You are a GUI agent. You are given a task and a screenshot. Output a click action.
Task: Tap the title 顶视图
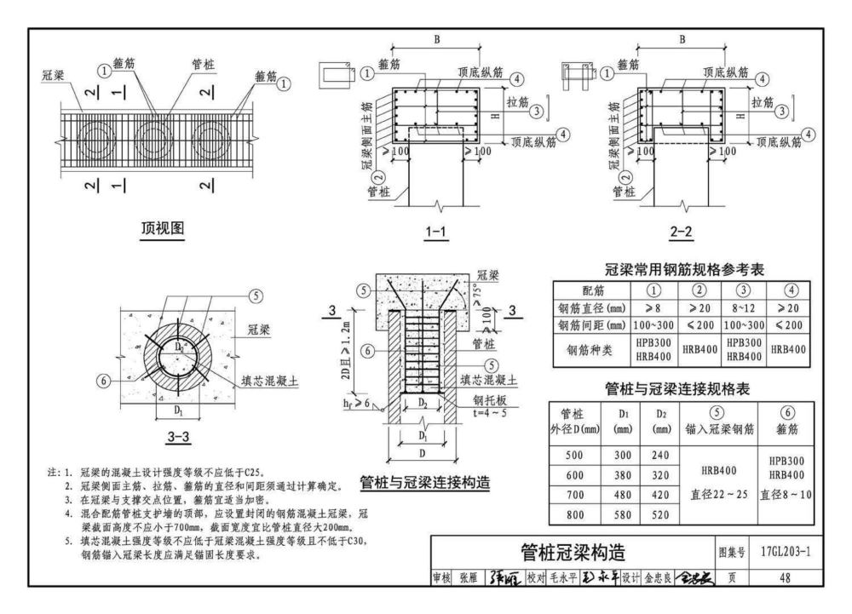point(163,227)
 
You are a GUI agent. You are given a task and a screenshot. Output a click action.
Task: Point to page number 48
point(785,577)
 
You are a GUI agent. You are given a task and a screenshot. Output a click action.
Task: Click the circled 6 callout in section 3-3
point(104,381)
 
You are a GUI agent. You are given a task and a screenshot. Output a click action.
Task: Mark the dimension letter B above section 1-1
point(437,38)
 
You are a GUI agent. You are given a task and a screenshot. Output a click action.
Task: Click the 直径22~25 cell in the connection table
point(718,495)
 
